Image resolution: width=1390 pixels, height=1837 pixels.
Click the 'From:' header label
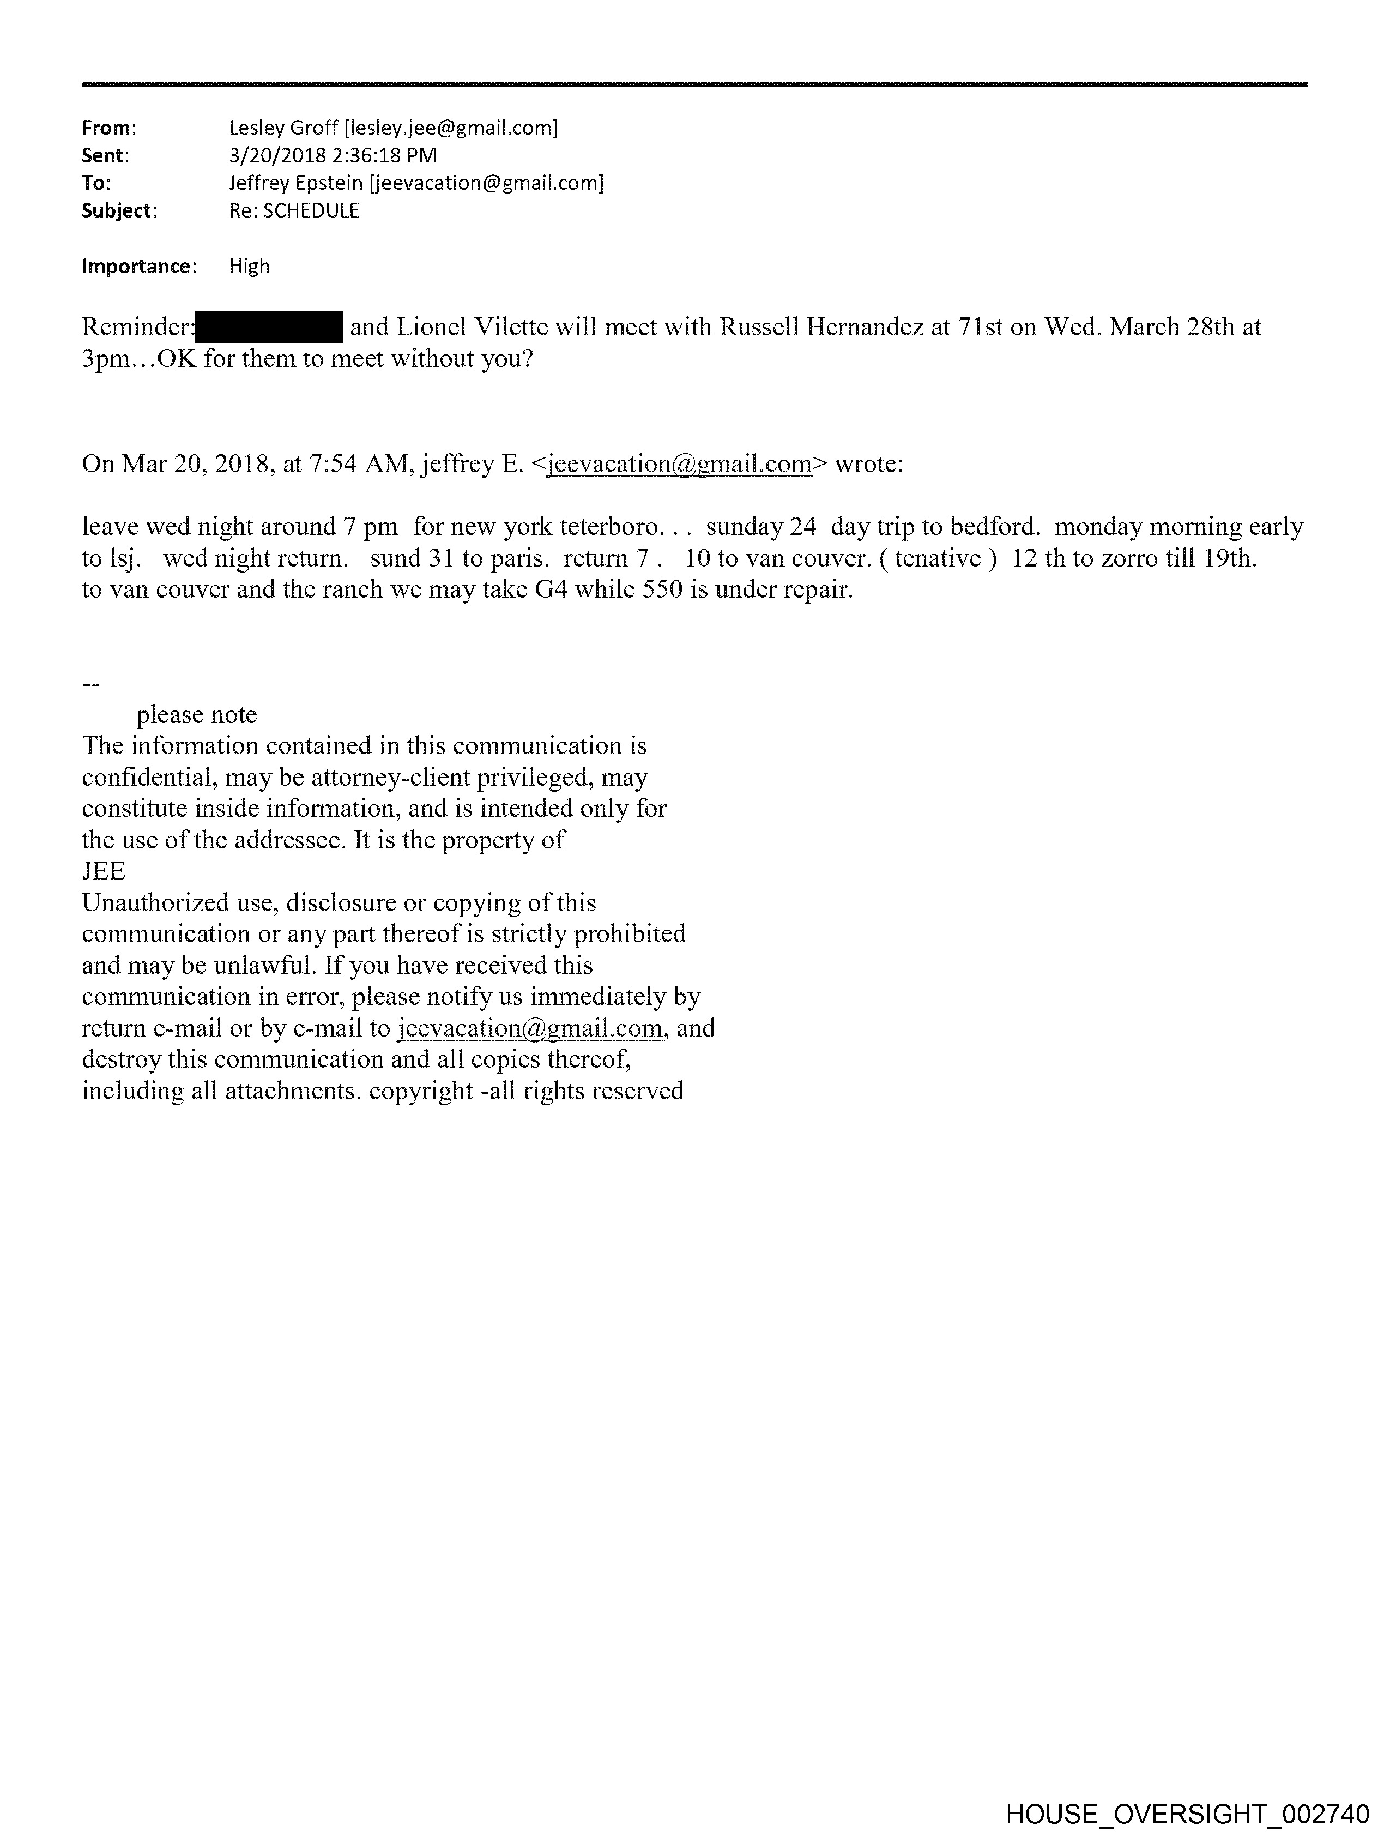tap(108, 128)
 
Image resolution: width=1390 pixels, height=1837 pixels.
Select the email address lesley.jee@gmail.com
tap(451, 128)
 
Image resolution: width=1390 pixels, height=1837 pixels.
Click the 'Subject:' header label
tap(119, 211)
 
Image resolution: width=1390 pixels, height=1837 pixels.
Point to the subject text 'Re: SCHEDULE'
tap(294, 211)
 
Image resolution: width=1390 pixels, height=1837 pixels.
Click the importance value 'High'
tap(249, 267)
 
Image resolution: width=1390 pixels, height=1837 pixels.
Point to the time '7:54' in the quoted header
tap(333, 463)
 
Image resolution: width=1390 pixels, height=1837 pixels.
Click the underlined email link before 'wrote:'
tap(679, 463)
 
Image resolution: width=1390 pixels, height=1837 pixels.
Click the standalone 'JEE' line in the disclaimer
tap(104, 871)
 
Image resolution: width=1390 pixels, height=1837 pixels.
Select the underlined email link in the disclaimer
tap(530, 1028)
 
